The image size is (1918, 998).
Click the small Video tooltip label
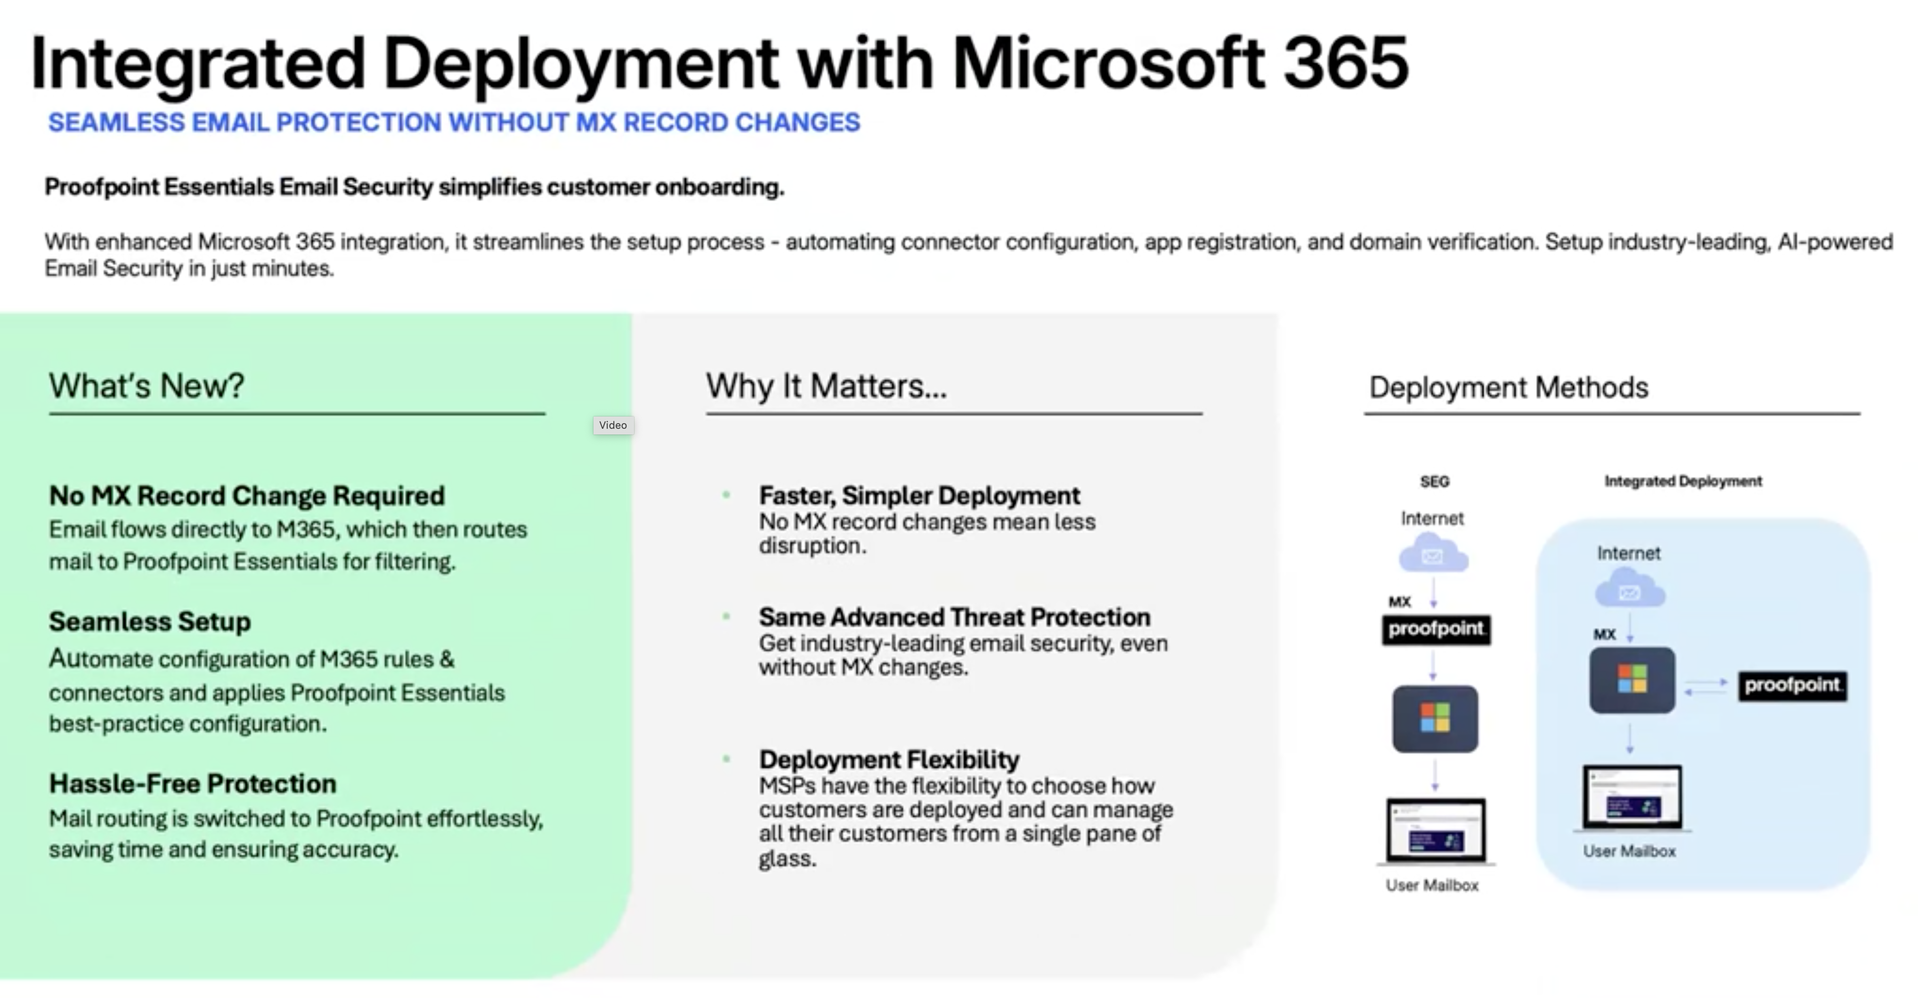pos(613,425)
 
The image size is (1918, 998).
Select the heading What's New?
pos(146,386)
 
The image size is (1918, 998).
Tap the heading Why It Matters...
pos(827,386)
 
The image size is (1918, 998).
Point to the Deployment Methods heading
pos(1509,387)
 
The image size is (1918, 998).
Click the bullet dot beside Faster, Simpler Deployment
pos(726,495)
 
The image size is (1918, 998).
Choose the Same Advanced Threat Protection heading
pos(955,617)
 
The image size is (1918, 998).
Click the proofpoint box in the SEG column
pos(1436,630)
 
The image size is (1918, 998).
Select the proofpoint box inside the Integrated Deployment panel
pos(1793,685)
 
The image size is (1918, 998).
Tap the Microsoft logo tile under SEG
pos(1435,719)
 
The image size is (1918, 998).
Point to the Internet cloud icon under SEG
pos(1433,553)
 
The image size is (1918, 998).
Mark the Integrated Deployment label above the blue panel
pos(1682,481)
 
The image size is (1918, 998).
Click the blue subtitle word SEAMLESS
pos(116,122)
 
